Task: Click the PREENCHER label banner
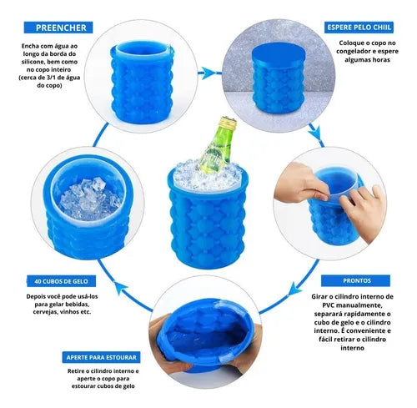tap(59, 28)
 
